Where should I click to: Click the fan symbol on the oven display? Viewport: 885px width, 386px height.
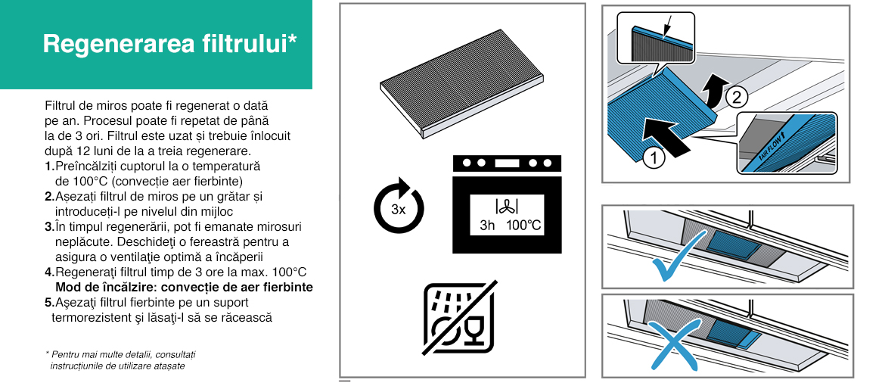click(507, 206)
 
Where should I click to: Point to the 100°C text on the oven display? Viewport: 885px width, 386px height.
click(523, 226)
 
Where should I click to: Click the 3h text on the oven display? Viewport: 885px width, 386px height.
click(486, 226)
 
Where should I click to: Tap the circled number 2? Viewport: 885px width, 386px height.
click(735, 98)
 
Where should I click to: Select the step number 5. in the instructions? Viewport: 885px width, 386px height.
click(50, 302)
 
